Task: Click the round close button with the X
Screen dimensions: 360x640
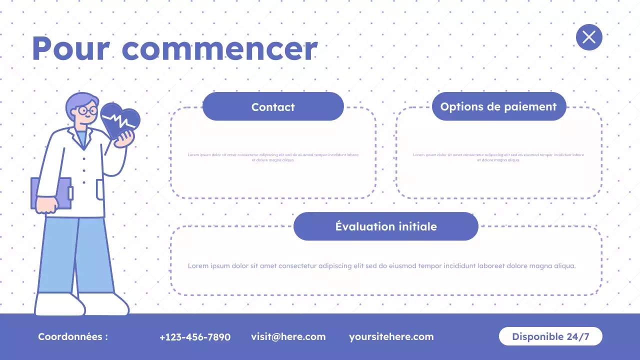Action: pyautogui.click(x=589, y=37)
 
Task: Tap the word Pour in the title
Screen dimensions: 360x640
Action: pyautogui.click(x=70, y=49)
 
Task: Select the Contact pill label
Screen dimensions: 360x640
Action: pyautogui.click(x=273, y=106)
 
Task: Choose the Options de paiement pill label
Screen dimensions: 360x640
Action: pyautogui.click(x=498, y=106)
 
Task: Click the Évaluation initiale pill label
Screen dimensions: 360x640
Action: pyautogui.click(x=386, y=226)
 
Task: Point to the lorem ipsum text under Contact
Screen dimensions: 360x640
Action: pyautogui.click(x=273, y=157)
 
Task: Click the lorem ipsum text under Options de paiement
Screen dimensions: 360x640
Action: pyautogui.click(x=498, y=157)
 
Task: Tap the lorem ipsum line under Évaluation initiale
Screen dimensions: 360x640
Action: pyautogui.click(x=381, y=266)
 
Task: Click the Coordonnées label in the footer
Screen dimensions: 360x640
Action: pyautogui.click(x=73, y=337)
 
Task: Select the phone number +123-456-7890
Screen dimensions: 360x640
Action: pyautogui.click(x=195, y=337)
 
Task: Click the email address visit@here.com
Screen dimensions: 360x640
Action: pyautogui.click(x=288, y=337)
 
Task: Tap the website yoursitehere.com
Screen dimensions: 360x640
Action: pyautogui.click(x=391, y=337)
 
